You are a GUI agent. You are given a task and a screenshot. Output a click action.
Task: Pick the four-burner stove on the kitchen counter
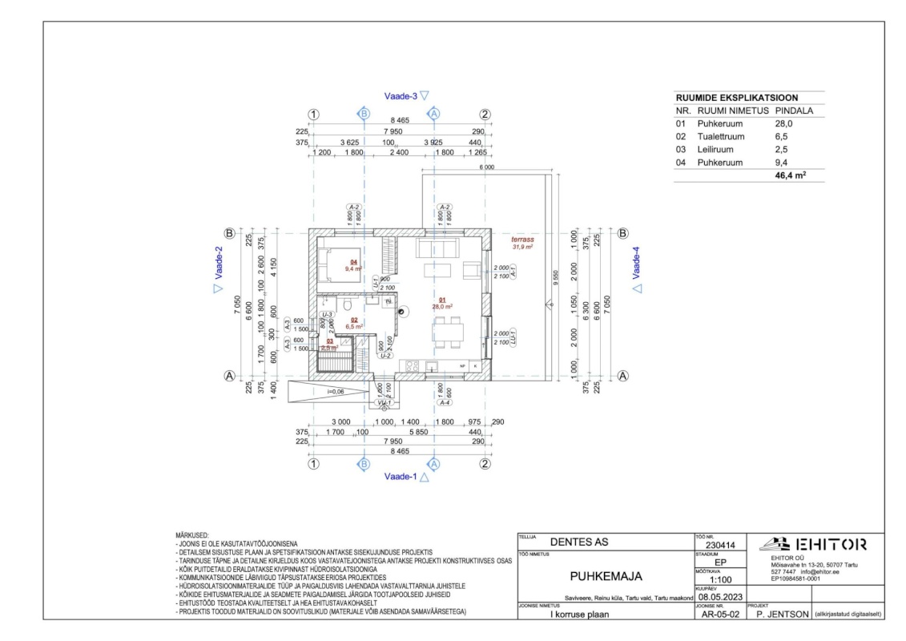(414, 367)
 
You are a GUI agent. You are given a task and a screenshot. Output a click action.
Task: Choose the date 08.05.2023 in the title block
(719, 597)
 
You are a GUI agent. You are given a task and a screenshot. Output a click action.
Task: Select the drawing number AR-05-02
(719, 615)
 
